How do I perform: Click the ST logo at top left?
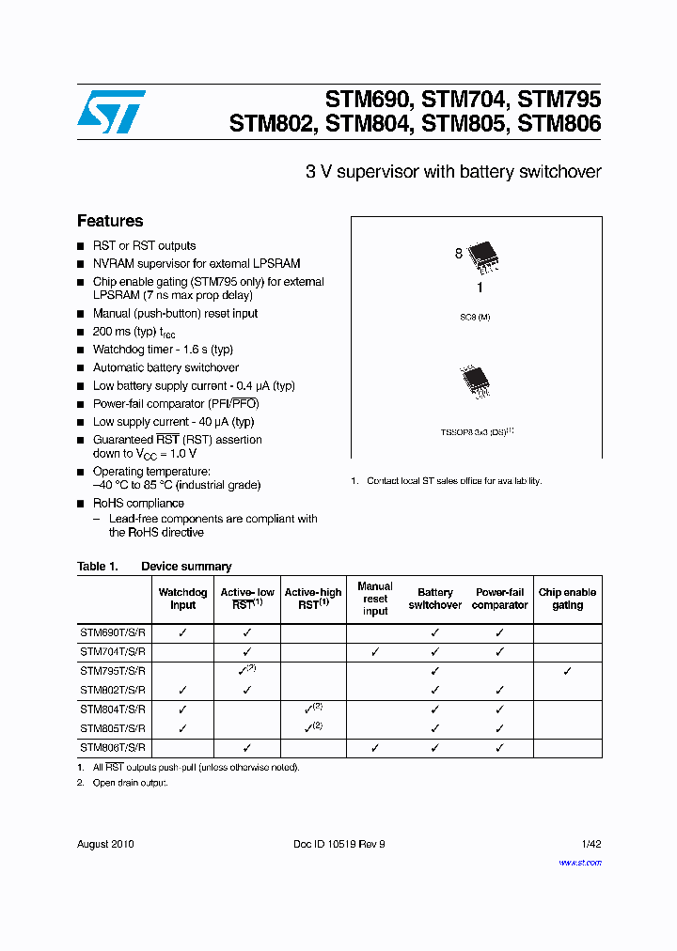pos(110,112)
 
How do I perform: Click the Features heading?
pos(110,221)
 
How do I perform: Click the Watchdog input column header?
pos(182,599)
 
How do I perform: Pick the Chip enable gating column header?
pos(567,599)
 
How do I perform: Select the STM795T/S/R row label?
pos(113,671)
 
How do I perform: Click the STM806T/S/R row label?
pos(113,747)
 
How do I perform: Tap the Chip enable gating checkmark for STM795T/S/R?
pos(567,671)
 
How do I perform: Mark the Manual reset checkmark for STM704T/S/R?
pos(375,651)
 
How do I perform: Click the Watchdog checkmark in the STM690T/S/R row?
pos(182,632)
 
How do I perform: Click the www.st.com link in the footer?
pos(579,862)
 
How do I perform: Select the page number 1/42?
pos(590,844)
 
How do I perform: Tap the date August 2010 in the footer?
pos(105,844)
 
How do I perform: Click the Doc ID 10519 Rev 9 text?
pos(339,844)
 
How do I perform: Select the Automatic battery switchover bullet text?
pos(165,367)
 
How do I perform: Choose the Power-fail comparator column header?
pos(499,599)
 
